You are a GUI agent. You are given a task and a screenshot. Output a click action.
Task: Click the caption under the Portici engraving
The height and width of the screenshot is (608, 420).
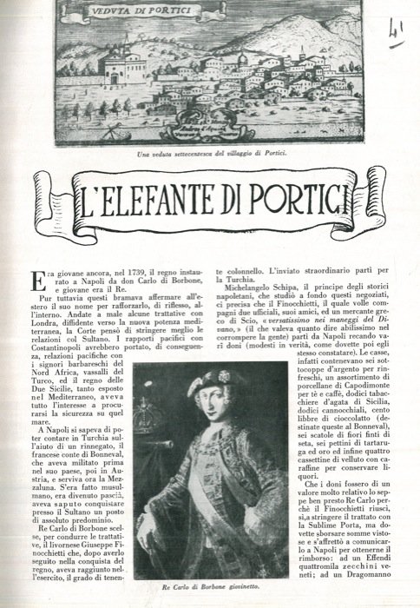pyautogui.click(x=212, y=153)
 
